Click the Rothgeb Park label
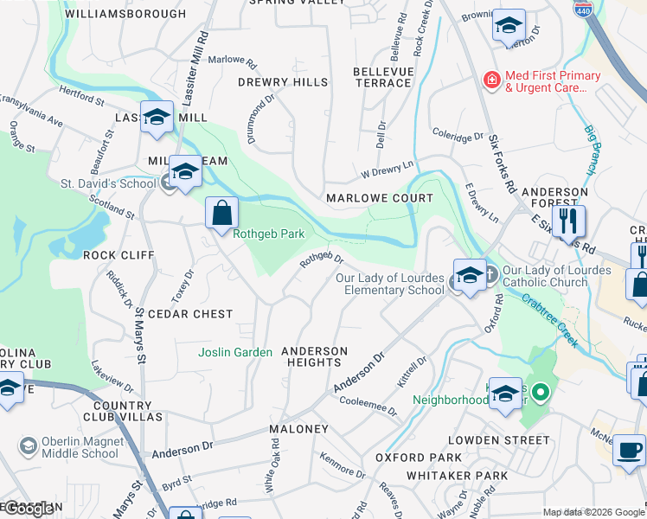tap(269, 234)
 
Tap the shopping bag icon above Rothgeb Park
tap(221, 212)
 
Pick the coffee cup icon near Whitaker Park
tap(629, 449)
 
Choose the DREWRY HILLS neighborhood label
tap(283, 82)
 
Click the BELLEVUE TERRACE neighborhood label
tap(382, 77)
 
